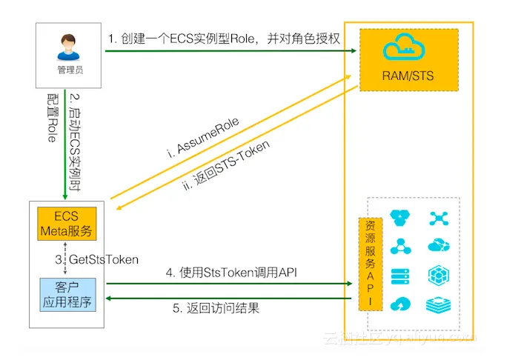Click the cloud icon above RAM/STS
coord(408,49)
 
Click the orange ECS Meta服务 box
coord(66,223)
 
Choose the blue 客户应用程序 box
coord(66,293)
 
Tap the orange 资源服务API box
coord(369,264)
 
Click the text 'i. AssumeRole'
coord(204,139)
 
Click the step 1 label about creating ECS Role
coord(222,39)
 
